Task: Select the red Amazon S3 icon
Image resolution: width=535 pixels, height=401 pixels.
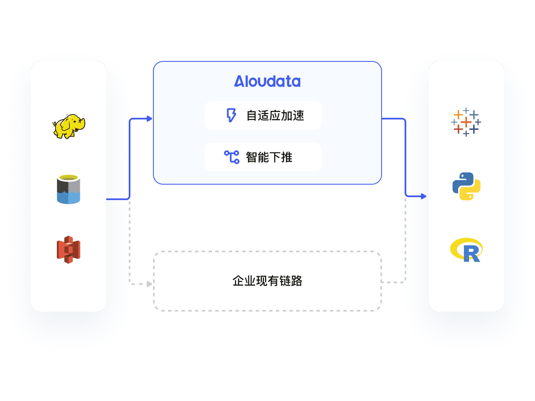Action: pos(69,250)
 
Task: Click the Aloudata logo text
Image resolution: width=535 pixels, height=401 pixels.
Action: pos(267,81)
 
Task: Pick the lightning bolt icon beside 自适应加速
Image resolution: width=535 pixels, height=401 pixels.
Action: pos(231,115)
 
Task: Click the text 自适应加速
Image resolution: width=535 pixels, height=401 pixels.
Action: pos(275,115)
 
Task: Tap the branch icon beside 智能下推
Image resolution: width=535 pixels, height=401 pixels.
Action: pos(232,157)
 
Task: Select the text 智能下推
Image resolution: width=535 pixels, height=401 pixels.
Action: pos(269,157)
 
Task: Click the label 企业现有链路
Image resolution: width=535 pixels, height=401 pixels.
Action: pos(267,281)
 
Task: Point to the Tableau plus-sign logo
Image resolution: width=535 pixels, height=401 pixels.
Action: pos(466,122)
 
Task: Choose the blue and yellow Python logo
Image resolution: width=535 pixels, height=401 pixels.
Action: pos(466,186)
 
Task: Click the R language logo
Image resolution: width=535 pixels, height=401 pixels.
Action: pos(466,250)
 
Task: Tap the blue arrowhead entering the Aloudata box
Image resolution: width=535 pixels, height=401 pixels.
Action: pos(149,119)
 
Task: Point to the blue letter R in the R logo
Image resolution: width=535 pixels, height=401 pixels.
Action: pos(471,254)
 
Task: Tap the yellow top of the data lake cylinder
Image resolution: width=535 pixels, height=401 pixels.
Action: pos(69,178)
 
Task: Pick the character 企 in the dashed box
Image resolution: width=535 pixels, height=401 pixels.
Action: pos(238,281)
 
